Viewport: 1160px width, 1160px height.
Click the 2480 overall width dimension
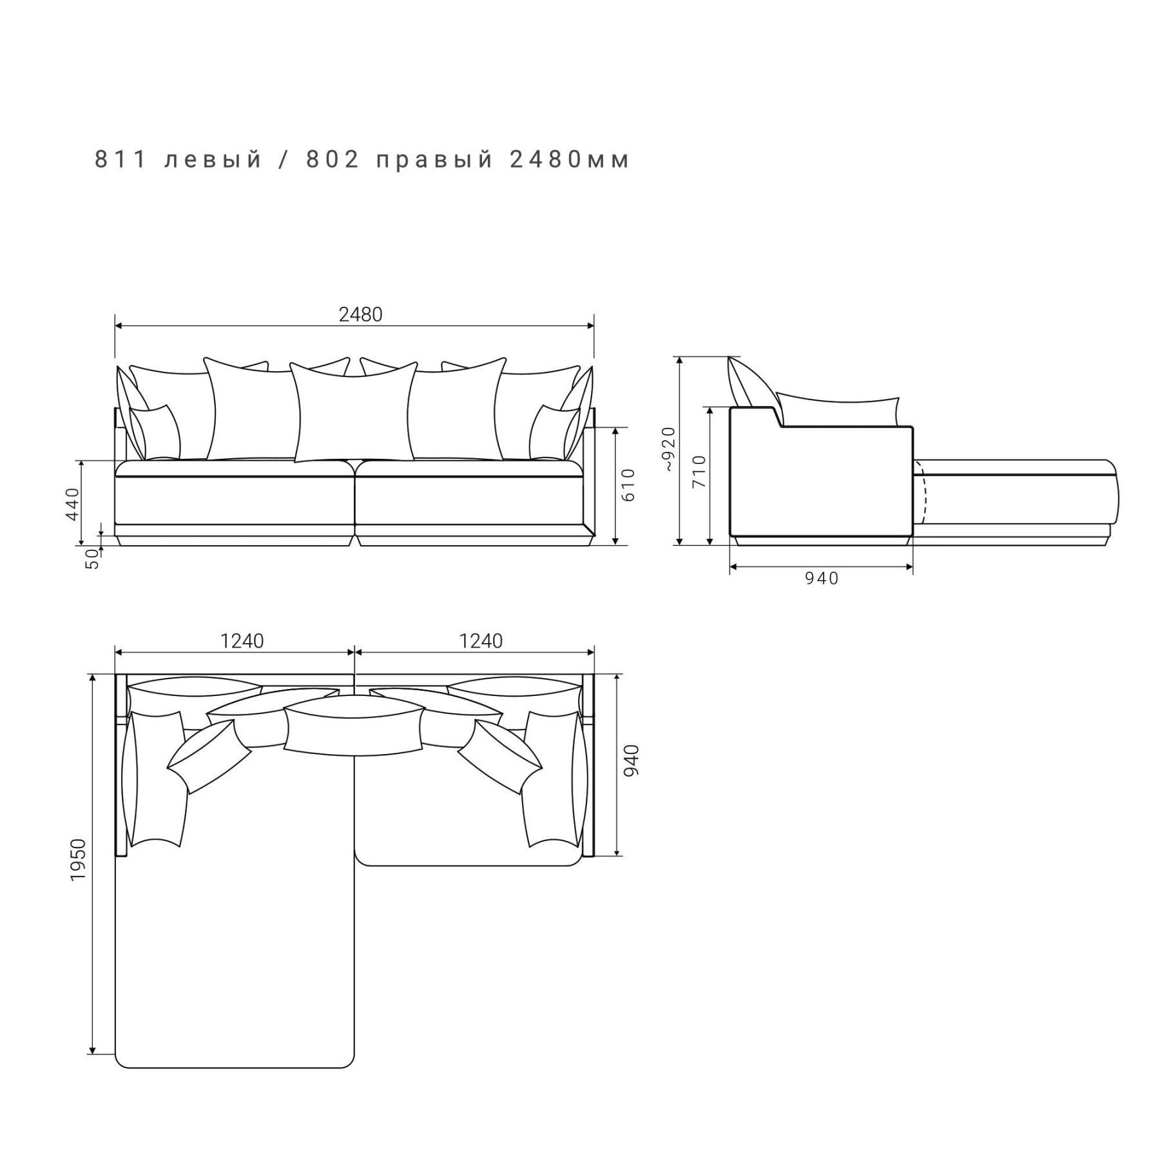[360, 314]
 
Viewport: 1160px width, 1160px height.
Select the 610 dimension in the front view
[628, 485]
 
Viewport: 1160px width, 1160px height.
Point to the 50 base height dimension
[93, 558]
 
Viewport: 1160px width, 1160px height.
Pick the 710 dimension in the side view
[699, 471]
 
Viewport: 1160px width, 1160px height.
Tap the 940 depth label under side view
[822, 579]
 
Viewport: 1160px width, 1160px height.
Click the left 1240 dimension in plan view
[242, 641]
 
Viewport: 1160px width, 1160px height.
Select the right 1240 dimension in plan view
[481, 641]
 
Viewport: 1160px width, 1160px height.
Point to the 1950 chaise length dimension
[78, 860]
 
